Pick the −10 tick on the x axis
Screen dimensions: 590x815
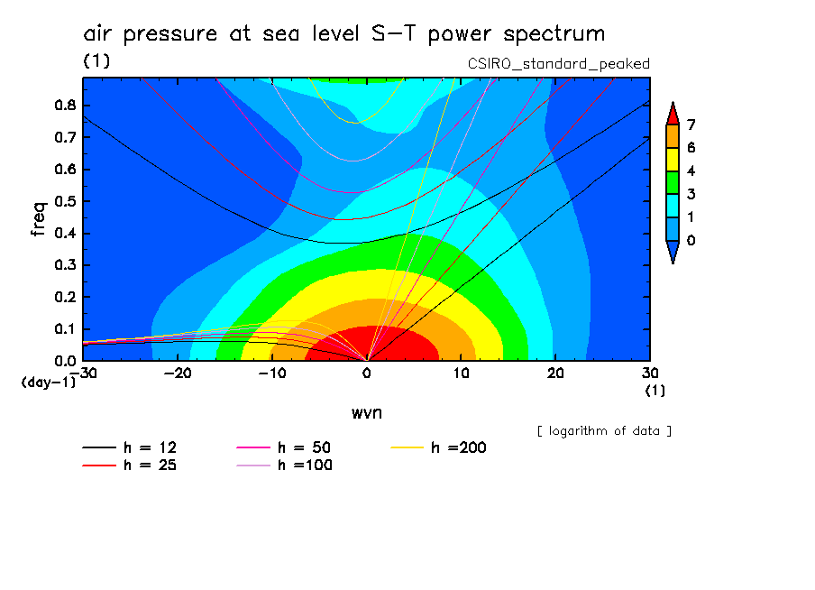pos(271,373)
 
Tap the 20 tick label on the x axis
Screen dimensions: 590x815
pos(555,373)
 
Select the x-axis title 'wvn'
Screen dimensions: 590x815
pos(365,412)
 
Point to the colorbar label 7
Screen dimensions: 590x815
pos(691,124)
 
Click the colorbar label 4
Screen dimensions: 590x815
pos(691,171)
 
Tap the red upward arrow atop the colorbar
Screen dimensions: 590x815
pos(673,113)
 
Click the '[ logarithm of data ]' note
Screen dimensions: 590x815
pos(604,430)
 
